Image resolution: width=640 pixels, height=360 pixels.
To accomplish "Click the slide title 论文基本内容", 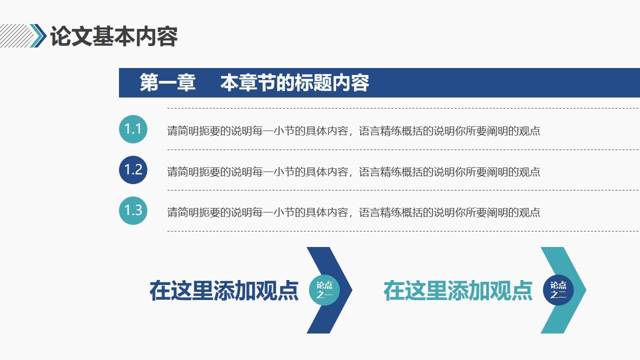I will coord(114,36).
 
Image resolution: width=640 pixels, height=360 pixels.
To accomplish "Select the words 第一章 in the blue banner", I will coord(167,83).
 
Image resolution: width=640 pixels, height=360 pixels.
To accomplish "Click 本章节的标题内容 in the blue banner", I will coord(294,83).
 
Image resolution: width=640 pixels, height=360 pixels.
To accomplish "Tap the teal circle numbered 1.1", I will coord(133,129).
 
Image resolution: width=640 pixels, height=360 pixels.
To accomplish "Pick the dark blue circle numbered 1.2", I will coord(133,170).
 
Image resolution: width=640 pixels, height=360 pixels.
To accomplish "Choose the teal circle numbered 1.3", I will coord(133,210).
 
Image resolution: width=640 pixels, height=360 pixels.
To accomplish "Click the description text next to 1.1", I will coord(353,131).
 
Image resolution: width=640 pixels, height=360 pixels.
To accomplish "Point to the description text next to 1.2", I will coord(353,172).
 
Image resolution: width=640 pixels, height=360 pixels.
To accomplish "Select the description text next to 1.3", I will coord(353,212).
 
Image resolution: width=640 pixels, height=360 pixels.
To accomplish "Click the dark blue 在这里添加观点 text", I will coord(223,290).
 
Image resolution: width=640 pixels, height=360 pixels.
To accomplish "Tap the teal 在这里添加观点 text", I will coord(457,290).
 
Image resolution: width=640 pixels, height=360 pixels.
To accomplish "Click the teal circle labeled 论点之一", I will coord(324,290).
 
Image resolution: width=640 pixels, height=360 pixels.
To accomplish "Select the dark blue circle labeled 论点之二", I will coord(558,290).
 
